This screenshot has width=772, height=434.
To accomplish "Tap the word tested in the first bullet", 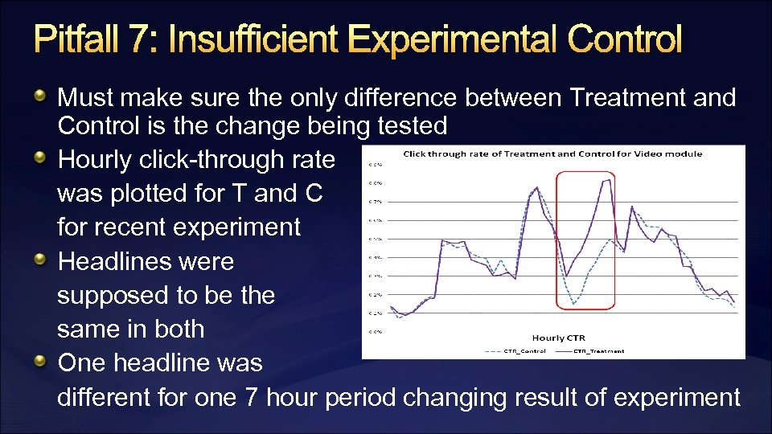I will click(416, 125).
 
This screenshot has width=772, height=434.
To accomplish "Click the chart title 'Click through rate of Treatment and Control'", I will click(552, 154).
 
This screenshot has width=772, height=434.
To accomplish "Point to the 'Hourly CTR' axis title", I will click(552, 338).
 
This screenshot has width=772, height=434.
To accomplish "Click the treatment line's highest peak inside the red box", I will click(608, 180).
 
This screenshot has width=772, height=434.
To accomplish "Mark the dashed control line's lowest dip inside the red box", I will click(574, 304).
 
